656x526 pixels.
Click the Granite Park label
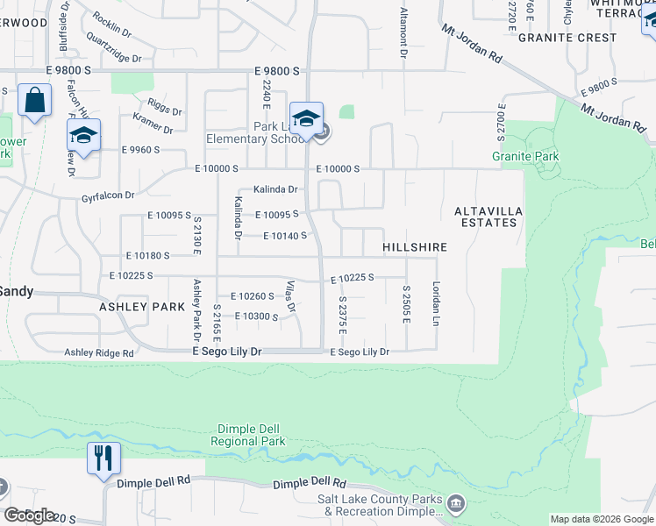click(x=525, y=157)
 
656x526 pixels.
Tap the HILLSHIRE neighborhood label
click(x=415, y=248)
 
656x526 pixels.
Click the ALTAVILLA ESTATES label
click(x=485, y=217)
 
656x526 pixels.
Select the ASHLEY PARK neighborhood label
click(x=142, y=307)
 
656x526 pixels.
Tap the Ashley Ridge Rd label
click(x=98, y=352)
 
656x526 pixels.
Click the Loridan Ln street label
click(x=435, y=303)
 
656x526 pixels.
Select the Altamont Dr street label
click(x=404, y=32)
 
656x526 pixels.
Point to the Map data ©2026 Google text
click(x=601, y=519)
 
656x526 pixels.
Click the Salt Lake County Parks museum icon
click(x=455, y=503)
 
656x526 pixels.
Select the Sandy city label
click(x=15, y=291)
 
